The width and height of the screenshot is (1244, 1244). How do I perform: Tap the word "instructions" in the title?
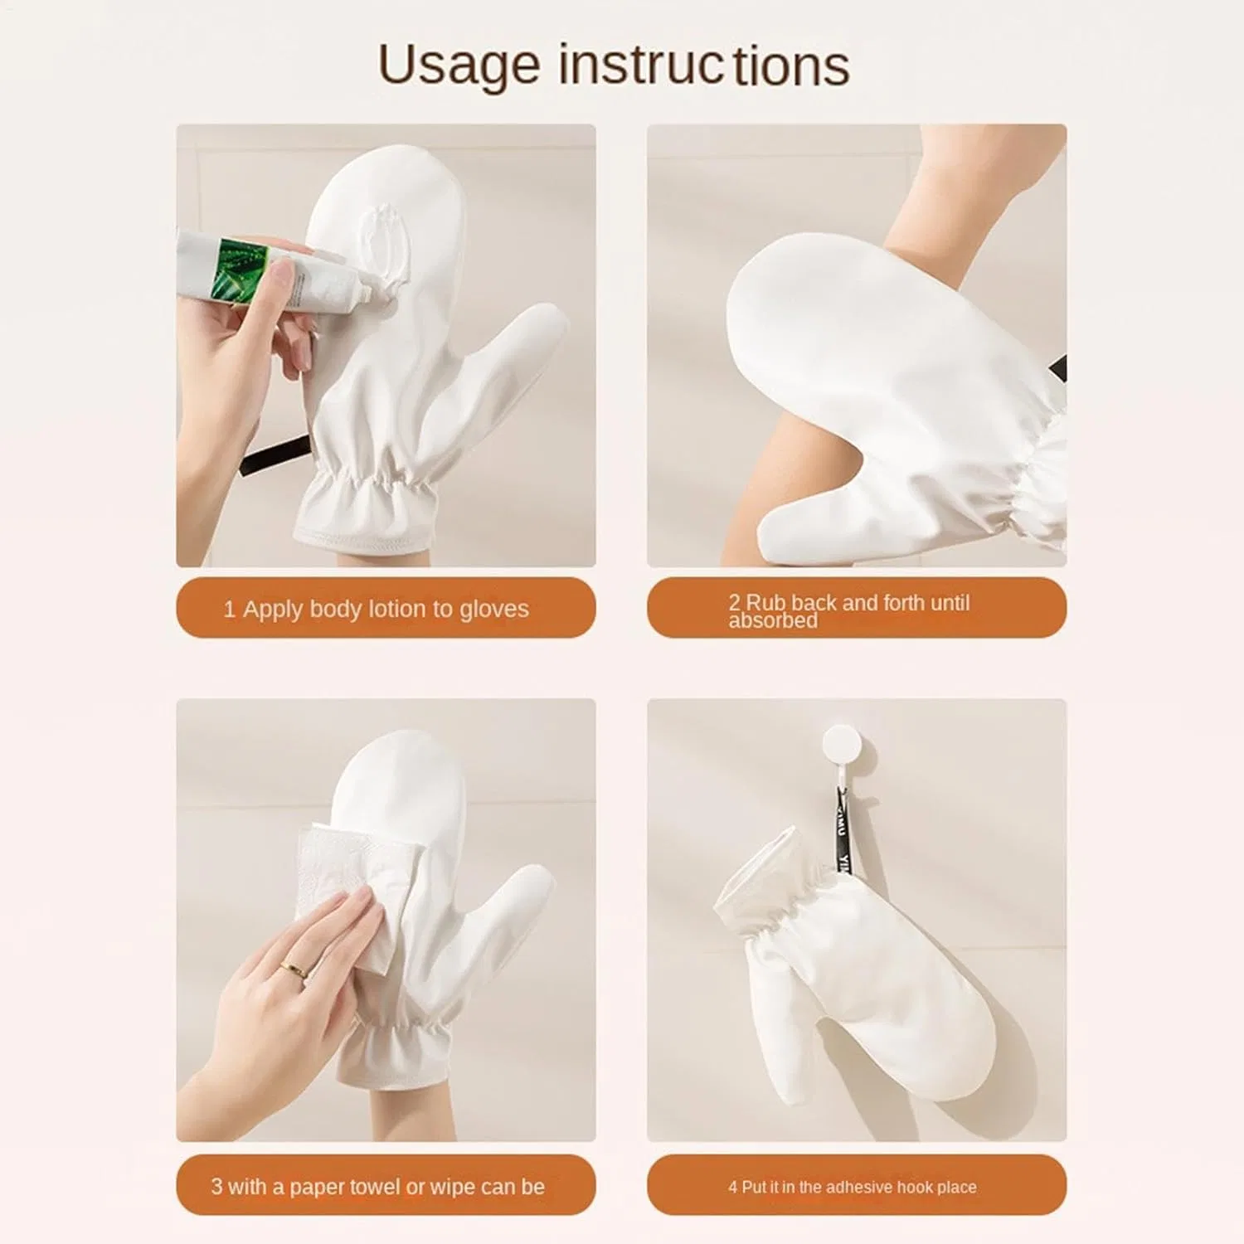tap(704, 65)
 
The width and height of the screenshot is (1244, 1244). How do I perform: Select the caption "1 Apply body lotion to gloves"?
tap(376, 609)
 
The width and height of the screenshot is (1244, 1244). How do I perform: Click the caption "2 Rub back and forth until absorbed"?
tap(848, 610)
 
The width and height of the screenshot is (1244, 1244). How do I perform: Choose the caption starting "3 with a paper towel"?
tap(377, 1187)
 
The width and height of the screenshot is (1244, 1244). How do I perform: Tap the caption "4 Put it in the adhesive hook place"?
tap(853, 1187)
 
